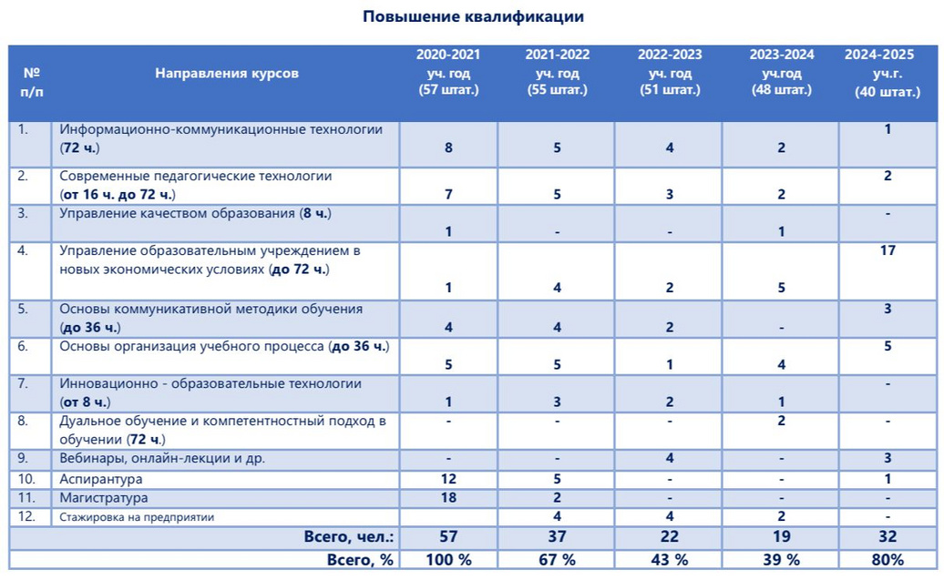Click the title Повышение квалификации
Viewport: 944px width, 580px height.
coord(473,16)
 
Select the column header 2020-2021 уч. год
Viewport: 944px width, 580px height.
coord(448,72)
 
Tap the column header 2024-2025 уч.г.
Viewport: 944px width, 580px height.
coord(887,73)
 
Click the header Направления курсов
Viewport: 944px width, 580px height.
coord(227,73)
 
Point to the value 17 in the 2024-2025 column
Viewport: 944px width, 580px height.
coord(888,250)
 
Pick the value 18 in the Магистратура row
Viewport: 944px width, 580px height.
coord(448,498)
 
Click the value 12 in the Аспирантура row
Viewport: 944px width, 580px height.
coord(448,479)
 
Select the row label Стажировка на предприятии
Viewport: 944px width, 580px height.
coord(137,517)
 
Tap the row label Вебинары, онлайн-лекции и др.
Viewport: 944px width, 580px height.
coord(162,458)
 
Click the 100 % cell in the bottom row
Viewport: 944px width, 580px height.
coord(448,559)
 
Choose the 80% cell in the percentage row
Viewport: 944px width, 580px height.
coord(888,559)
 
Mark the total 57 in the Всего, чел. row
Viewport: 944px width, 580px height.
coord(448,537)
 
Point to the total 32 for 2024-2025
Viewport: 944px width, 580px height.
coord(888,537)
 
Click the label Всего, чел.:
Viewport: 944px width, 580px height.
coord(348,537)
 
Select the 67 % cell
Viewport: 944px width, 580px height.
coord(557,559)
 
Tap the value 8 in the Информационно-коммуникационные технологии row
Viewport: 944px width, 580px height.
coord(448,148)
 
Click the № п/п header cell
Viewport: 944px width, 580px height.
coord(31,81)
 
